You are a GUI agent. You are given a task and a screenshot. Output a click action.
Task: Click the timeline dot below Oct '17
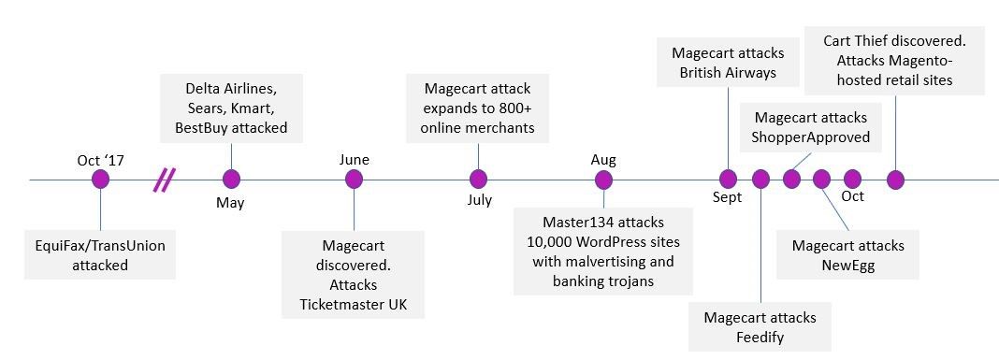coord(101,180)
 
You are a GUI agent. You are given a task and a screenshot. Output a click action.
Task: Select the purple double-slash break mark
coord(165,180)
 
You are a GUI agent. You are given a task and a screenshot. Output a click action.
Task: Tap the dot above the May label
coord(231,180)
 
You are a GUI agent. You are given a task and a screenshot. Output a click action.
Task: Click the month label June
coord(355,160)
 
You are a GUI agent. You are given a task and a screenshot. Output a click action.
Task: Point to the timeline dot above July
coord(479,180)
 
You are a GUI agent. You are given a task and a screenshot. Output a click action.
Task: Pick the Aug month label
coord(603,160)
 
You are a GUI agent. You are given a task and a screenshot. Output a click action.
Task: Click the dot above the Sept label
coord(728,180)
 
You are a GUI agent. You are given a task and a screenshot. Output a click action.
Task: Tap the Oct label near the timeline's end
coord(852,195)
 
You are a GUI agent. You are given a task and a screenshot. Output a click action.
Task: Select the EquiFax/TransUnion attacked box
coord(100,255)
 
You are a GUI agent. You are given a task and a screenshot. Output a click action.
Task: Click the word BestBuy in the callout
coord(201,128)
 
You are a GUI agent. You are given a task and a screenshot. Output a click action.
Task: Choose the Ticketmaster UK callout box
coord(353,275)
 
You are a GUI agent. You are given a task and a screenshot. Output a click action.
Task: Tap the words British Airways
coord(728,72)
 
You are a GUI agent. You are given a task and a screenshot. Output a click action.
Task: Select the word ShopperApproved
coord(810,137)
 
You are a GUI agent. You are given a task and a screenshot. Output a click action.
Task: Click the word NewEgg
coord(848,266)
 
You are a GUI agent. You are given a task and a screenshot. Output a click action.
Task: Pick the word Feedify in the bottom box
coord(760,337)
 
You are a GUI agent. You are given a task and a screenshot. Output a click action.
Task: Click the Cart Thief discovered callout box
coord(894,61)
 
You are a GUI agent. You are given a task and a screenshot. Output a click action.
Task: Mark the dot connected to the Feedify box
coord(760,180)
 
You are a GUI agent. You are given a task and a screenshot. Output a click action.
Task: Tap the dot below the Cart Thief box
coord(896,180)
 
